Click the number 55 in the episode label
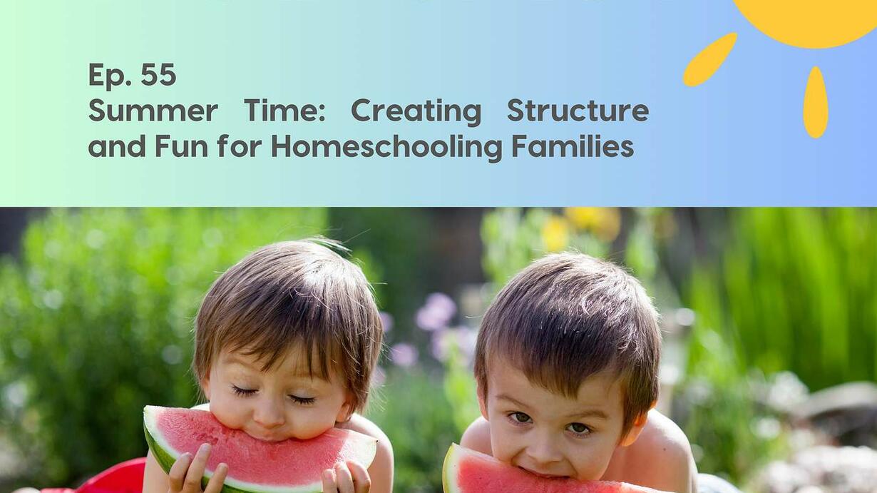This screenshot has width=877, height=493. click(x=158, y=74)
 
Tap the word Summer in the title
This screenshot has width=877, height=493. click(x=153, y=111)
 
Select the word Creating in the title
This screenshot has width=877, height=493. click(x=416, y=112)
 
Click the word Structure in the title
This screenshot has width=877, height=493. click(x=578, y=111)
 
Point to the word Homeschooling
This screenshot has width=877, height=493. click(x=387, y=148)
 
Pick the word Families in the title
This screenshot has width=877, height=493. click(x=573, y=146)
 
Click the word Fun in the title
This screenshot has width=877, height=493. click(x=181, y=146)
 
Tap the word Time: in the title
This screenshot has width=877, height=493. click(x=284, y=111)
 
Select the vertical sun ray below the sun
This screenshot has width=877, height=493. click(x=816, y=103)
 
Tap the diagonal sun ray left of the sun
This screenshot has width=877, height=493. click(x=710, y=59)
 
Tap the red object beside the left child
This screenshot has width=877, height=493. click(x=113, y=476)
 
